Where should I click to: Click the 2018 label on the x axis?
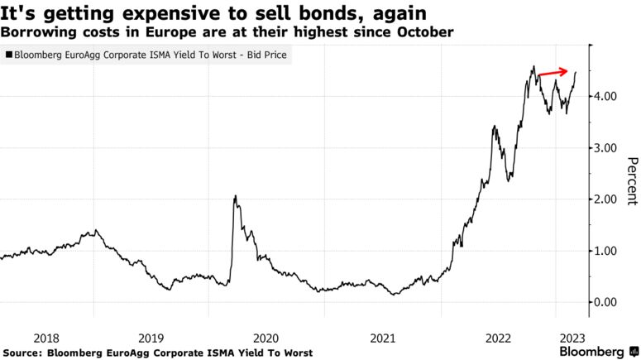click(x=46, y=338)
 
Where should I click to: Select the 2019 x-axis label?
click(x=151, y=338)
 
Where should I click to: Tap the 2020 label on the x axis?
click(x=266, y=338)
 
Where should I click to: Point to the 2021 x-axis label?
click(x=382, y=338)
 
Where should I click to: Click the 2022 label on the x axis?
click(x=498, y=338)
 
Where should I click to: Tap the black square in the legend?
click(x=8, y=56)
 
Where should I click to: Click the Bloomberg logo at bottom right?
click(x=596, y=352)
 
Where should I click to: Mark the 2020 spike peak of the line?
click(x=235, y=196)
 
